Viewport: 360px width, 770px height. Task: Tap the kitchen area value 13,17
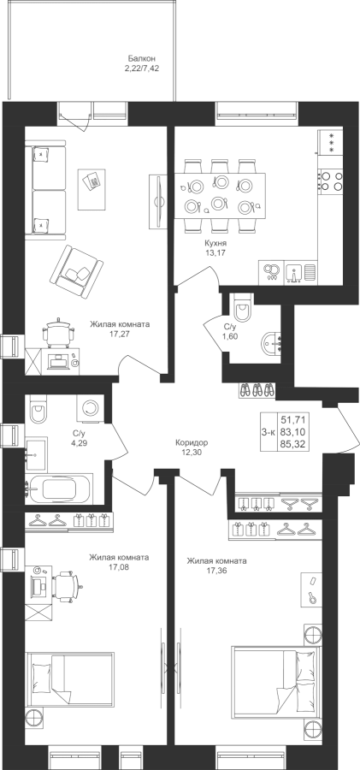click(x=215, y=253)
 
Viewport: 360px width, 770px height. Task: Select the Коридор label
click(x=192, y=442)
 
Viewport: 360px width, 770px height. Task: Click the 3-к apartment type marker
click(x=269, y=432)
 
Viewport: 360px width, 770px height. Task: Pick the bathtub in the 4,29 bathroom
click(x=59, y=489)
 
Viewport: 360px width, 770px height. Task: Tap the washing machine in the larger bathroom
click(x=91, y=407)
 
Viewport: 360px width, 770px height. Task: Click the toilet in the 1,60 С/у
click(x=243, y=307)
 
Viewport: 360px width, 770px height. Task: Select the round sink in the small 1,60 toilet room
click(x=270, y=344)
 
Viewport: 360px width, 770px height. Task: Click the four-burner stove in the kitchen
click(x=330, y=181)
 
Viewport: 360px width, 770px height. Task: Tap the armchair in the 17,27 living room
click(x=76, y=271)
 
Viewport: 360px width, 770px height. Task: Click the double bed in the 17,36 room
click(x=275, y=680)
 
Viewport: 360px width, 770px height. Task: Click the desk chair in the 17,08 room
click(x=65, y=584)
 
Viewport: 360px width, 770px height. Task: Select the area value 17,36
click(x=216, y=571)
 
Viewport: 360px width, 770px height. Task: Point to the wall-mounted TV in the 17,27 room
click(x=158, y=200)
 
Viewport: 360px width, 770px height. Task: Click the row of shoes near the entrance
click(x=257, y=390)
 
